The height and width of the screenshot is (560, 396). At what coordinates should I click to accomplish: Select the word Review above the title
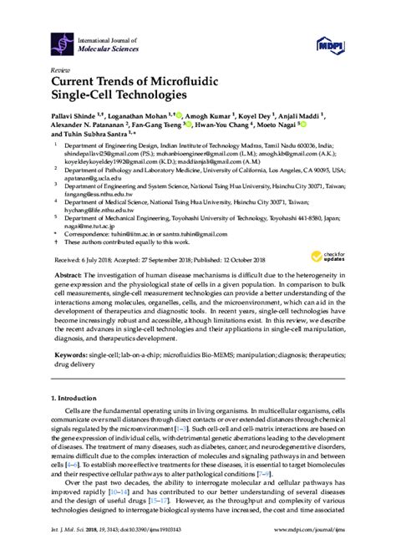(x=61, y=70)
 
